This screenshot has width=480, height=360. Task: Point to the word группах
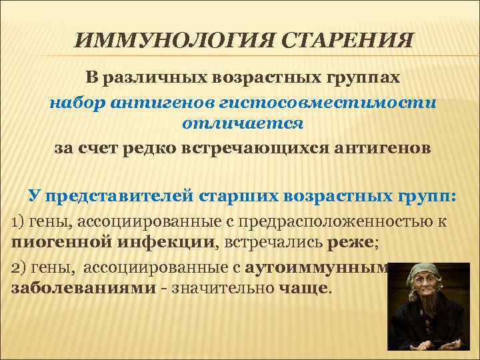click(x=363, y=78)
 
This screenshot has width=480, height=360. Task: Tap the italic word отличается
click(x=243, y=123)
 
